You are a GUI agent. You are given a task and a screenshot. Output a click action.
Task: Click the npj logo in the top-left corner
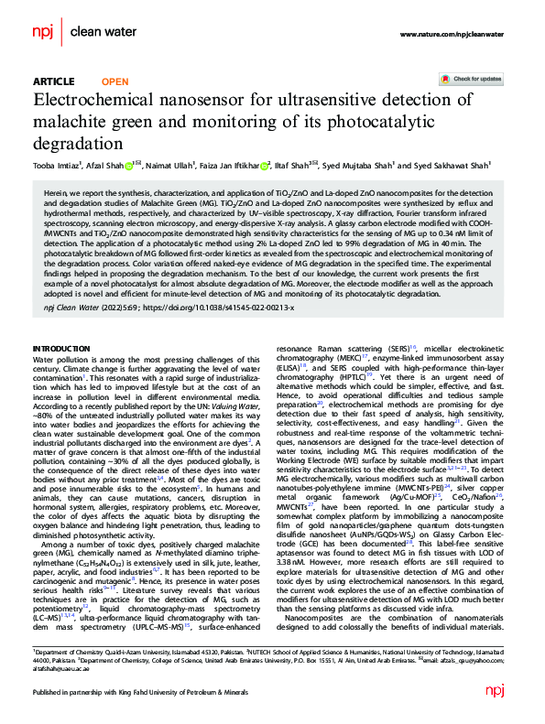[44, 32]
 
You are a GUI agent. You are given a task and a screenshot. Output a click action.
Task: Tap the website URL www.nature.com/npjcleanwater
[451, 33]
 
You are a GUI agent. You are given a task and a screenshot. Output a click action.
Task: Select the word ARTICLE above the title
[53, 81]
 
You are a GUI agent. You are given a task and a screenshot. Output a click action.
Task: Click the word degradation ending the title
[77, 144]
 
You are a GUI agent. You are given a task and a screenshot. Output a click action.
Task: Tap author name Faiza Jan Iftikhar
[234, 166]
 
